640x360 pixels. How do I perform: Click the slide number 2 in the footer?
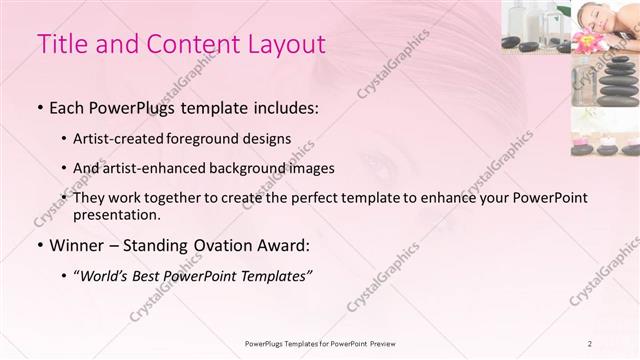(x=590, y=344)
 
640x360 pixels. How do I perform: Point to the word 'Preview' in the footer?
(x=386, y=344)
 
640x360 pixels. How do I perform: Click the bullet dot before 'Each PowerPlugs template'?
(x=39, y=107)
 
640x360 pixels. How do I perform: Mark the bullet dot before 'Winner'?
(x=39, y=246)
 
